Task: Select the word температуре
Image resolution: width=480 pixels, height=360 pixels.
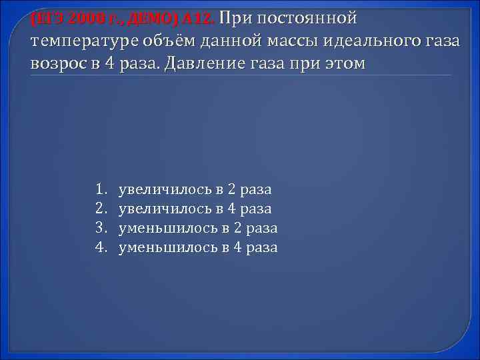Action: [x=82, y=42]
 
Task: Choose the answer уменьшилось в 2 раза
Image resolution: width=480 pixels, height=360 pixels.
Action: [x=198, y=229]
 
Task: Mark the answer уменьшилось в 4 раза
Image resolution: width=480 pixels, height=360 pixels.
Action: [x=198, y=248]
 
